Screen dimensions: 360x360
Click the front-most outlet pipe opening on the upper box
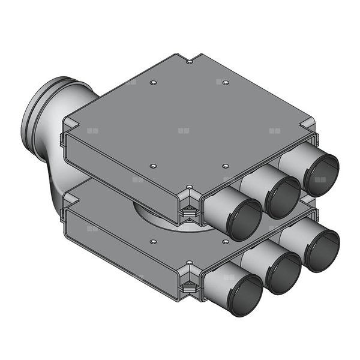click(242, 220)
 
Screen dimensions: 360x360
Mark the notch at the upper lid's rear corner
click(190, 61)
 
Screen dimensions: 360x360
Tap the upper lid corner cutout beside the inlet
click(71, 123)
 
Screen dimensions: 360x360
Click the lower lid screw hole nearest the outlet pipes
click(224, 241)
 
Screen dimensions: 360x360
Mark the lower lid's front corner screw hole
click(190, 262)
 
